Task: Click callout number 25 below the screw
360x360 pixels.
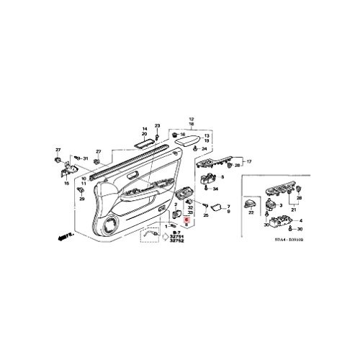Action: (x=206, y=215)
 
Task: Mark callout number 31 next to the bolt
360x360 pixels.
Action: (x=85, y=158)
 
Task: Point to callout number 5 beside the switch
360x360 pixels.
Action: (x=223, y=176)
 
